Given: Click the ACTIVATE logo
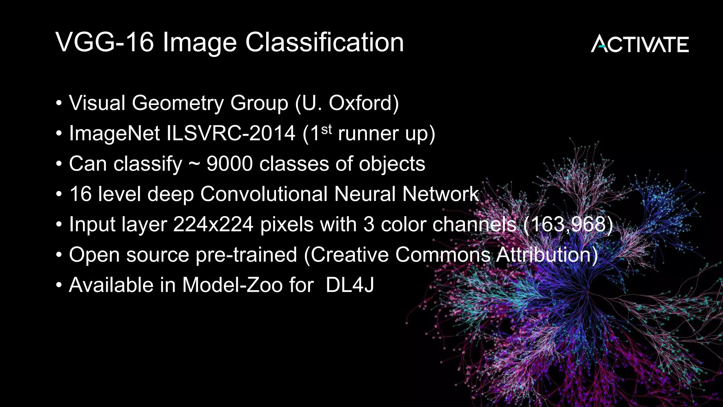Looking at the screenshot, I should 640,44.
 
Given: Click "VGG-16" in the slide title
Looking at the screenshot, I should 105,42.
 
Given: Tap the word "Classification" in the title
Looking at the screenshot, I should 324,42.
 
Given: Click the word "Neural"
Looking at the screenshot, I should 365,194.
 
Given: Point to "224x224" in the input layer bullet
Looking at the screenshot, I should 213,225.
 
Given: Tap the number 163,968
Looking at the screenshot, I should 568,225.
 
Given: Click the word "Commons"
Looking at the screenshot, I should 443,255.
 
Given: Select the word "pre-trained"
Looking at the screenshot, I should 246,255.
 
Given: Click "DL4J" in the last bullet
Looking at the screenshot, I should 349,285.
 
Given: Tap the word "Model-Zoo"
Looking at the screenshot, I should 232,285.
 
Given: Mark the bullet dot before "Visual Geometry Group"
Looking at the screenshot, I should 59,104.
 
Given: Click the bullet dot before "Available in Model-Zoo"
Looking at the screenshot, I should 59,285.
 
